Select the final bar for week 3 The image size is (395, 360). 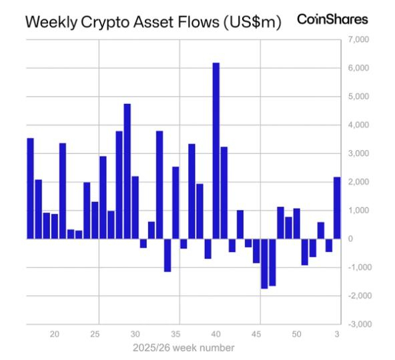(x=336, y=208)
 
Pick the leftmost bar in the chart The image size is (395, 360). (x=30, y=188)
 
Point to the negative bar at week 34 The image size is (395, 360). (x=167, y=255)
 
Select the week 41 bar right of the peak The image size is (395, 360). (x=224, y=193)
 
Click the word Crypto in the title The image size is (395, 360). (x=98, y=22)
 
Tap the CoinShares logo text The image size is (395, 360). (x=332, y=20)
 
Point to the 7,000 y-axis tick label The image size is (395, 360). (x=358, y=40)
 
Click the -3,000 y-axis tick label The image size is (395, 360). (x=357, y=324)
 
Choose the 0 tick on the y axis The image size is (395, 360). (x=352, y=239)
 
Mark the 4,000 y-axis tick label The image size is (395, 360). (x=358, y=125)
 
